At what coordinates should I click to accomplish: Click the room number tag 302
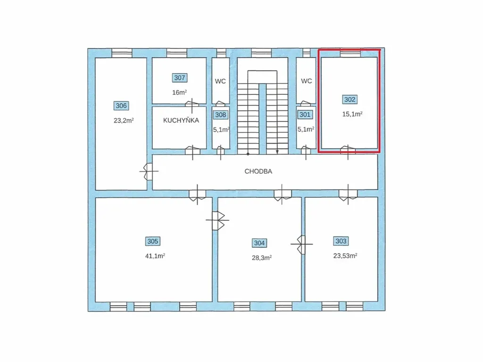(x=350, y=100)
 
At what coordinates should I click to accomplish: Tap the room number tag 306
(x=121, y=106)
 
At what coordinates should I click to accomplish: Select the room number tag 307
(x=180, y=78)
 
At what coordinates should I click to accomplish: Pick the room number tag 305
(x=152, y=241)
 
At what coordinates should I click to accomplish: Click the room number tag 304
(x=259, y=243)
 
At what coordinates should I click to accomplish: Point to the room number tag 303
(x=341, y=241)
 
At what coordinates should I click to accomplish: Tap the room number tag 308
(x=220, y=115)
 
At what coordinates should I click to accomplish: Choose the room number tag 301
(x=305, y=115)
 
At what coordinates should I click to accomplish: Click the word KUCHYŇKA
(x=181, y=120)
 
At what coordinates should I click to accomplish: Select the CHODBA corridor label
(x=258, y=172)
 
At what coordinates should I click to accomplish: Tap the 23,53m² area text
(x=345, y=256)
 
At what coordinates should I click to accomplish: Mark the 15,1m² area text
(x=352, y=114)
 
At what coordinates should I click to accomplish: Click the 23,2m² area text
(x=123, y=120)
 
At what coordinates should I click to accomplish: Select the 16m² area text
(x=179, y=92)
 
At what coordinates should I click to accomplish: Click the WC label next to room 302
(x=307, y=81)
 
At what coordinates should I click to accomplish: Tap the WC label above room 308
(x=220, y=81)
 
